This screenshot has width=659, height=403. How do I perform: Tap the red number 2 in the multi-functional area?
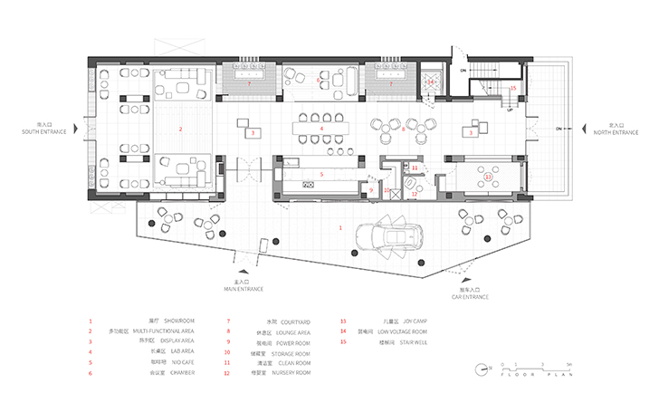point(181,130)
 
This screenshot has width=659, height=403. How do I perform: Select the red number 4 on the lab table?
point(321,129)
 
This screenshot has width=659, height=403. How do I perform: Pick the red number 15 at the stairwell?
point(513,89)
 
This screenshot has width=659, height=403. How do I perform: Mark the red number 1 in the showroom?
point(340,227)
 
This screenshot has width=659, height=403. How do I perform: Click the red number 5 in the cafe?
point(321,173)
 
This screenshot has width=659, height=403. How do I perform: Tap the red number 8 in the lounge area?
point(403,130)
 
